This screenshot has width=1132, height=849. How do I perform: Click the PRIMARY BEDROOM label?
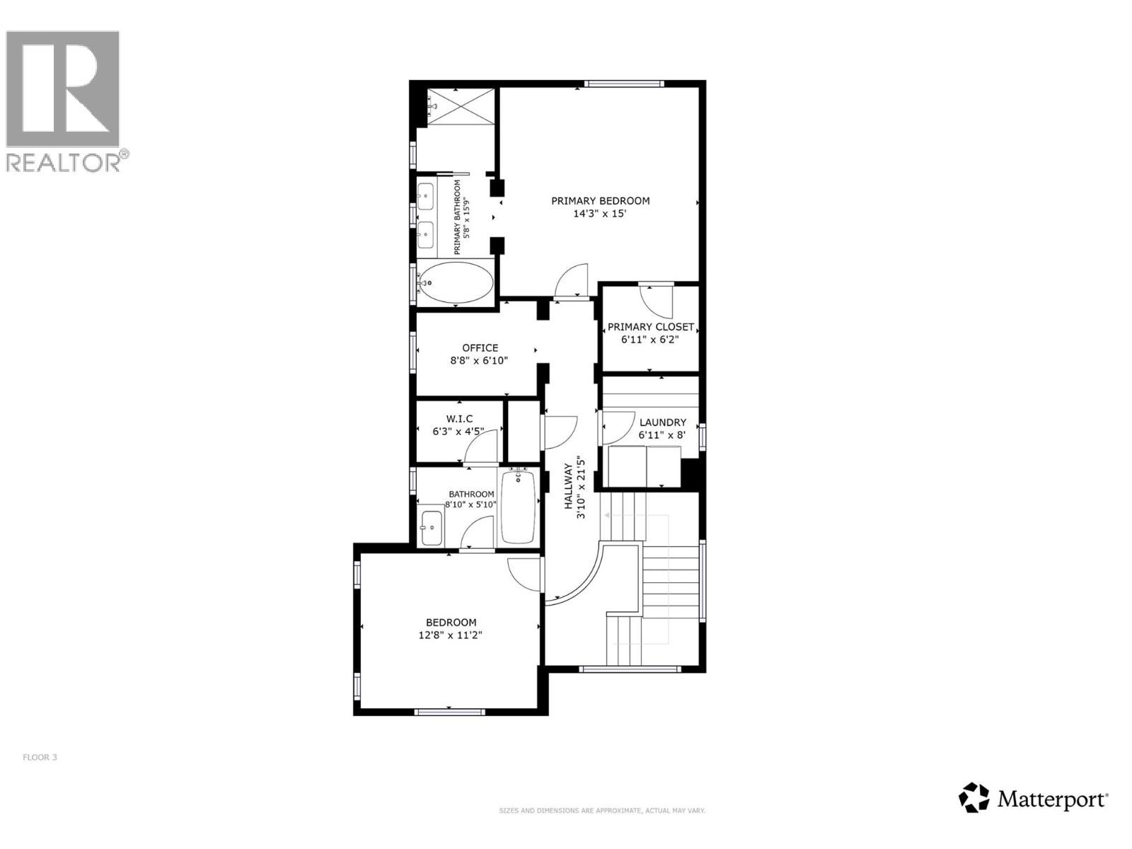click(600, 201)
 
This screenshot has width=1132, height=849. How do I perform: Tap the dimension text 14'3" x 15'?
click(600, 214)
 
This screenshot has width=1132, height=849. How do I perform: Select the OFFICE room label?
click(480, 348)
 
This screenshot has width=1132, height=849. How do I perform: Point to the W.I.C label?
click(459, 419)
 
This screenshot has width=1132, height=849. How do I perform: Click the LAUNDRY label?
click(662, 422)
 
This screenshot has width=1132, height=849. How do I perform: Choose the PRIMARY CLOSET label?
click(650, 327)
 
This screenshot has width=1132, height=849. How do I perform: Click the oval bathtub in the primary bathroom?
click(455, 283)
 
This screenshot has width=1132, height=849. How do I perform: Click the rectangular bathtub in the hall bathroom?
click(519, 507)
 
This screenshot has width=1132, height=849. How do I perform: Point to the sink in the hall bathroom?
click(430, 527)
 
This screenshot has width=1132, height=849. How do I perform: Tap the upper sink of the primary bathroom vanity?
click(426, 195)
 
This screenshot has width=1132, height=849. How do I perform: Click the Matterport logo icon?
click(974, 797)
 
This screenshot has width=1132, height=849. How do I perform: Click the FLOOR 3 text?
click(40, 757)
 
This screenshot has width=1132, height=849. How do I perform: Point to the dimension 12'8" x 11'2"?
click(451, 635)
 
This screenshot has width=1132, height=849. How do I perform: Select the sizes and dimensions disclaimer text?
click(602, 811)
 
